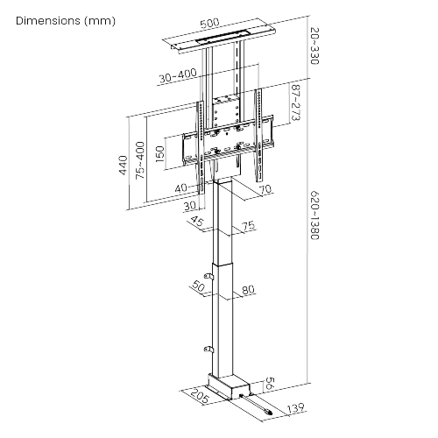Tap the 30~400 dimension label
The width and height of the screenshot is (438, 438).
(x=177, y=76)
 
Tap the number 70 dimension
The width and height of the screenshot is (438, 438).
(x=266, y=188)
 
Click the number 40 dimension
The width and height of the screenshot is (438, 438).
(x=180, y=187)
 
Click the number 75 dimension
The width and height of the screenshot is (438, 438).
(x=248, y=226)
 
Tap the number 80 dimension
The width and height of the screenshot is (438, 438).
(x=248, y=291)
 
